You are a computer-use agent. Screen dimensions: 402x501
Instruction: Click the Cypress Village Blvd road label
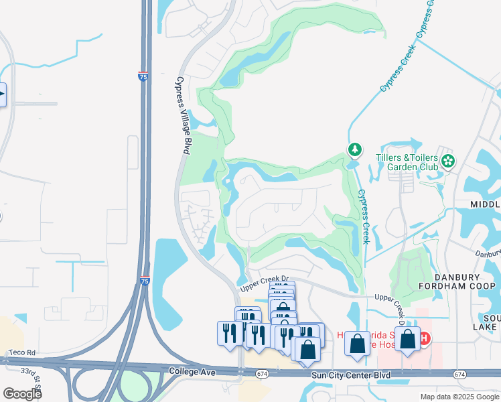tap(181, 115)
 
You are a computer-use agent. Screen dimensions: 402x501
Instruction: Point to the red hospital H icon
tap(424, 339)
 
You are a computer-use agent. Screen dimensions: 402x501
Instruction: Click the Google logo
tap(22, 393)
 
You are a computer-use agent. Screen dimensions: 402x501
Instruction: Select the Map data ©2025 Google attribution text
tap(459, 397)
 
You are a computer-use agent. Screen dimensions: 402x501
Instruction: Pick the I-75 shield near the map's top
tap(143, 77)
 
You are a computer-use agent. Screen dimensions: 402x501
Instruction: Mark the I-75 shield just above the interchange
tap(144, 283)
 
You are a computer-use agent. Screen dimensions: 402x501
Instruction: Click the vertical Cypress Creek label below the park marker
tap(363, 216)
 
